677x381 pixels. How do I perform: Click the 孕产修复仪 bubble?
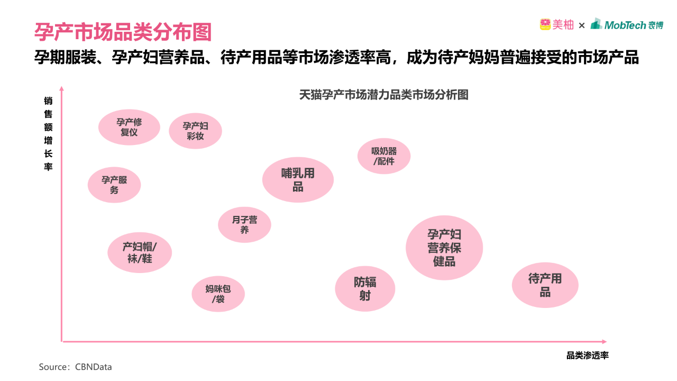129,127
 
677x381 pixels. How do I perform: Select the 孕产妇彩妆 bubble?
195,131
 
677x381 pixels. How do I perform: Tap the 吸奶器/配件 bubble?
384,156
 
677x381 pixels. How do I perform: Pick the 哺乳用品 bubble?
298,179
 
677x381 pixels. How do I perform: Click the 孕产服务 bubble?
114,185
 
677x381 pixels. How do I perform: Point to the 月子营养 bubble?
244,224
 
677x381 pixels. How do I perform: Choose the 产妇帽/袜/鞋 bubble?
140,252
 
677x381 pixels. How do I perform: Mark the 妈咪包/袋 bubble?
218,294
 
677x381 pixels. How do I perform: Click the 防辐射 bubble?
365,288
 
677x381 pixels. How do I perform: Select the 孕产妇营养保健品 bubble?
444,248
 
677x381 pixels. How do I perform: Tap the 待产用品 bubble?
545,285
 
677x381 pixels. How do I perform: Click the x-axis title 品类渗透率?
588,356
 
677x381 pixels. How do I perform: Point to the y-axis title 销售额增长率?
48,133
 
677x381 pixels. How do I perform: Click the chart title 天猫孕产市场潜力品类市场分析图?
384,95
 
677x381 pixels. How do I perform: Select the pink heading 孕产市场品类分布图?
123,32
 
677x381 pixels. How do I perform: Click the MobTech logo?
627,24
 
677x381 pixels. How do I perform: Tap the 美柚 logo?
556,25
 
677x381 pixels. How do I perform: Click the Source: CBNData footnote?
75,367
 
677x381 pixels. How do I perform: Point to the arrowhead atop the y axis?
62,88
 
